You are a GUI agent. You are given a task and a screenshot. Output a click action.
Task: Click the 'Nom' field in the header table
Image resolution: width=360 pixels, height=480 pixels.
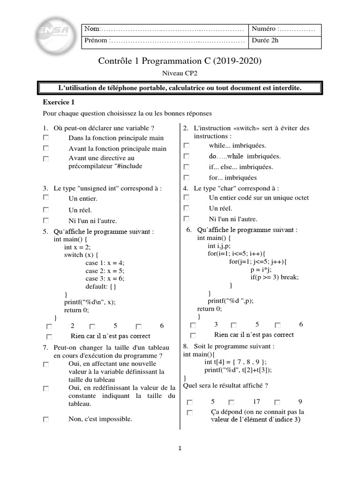click(x=164, y=29)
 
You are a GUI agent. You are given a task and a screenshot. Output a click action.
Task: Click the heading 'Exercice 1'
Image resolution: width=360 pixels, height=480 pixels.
click(x=59, y=102)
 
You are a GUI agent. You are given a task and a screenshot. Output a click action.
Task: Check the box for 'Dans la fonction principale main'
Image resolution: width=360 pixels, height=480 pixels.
click(x=45, y=138)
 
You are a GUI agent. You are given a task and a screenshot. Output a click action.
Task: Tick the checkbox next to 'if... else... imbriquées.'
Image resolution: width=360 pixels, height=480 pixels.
click(x=186, y=167)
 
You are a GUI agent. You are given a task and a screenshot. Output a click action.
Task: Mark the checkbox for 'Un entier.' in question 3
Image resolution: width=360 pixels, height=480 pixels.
click(x=45, y=199)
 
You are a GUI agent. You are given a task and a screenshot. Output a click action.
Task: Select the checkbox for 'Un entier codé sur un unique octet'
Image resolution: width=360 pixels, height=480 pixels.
click(x=186, y=198)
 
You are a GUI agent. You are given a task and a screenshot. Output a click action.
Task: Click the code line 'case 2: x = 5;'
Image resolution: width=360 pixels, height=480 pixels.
click(x=105, y=271)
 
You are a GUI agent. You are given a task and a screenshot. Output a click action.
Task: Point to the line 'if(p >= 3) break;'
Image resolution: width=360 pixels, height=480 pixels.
click(x=274, y=277)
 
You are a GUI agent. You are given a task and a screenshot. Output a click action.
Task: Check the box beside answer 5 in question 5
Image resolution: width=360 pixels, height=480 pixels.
click(x=92, y=326)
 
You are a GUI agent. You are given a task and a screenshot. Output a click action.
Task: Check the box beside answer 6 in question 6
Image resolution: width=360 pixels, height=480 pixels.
click(x=277, y=325)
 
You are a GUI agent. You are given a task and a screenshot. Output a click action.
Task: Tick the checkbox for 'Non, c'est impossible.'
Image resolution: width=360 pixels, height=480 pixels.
click(x=45, y=420)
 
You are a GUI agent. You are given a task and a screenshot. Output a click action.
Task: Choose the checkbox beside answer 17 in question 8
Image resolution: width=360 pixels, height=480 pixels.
click(x=231, y=402)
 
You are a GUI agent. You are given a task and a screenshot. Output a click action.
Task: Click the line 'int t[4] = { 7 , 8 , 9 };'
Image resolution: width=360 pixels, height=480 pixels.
click(x=235, y=362)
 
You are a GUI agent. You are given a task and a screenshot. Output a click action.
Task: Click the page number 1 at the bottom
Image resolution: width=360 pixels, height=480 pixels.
click(x=180, y=449)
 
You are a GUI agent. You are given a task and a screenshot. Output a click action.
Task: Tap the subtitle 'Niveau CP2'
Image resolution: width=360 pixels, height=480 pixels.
click(x=180, y=73)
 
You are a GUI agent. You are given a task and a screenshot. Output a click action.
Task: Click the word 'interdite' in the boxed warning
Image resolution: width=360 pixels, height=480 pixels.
click(x=285, y=88)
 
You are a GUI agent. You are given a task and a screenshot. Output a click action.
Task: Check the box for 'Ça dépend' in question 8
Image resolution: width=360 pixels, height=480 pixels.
click(x=189, y=412)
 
